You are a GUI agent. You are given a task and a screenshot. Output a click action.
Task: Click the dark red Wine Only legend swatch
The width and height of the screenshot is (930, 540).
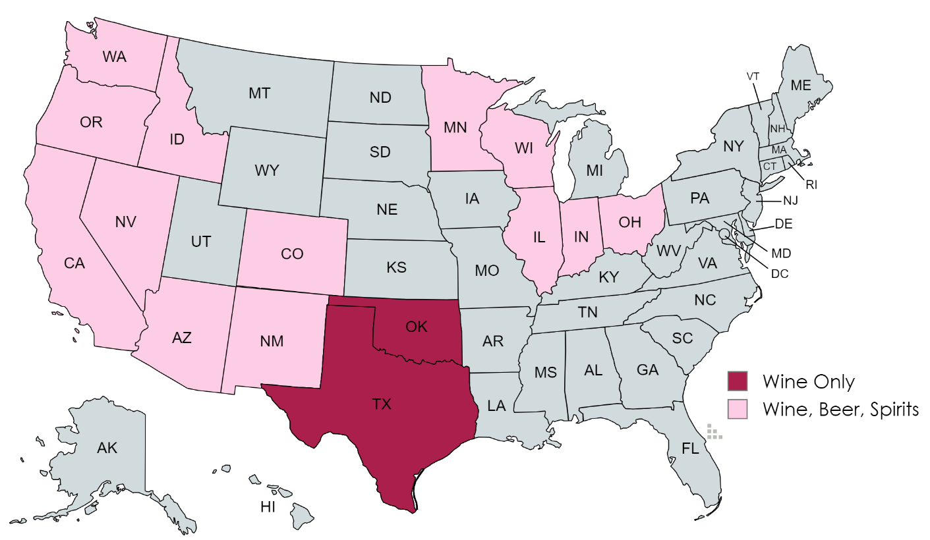coord(738,381)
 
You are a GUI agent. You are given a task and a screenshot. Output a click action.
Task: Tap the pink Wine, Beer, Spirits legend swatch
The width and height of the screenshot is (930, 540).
coord(738,409)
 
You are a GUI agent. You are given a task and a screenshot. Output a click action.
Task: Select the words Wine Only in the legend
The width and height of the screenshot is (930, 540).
coord(808,382)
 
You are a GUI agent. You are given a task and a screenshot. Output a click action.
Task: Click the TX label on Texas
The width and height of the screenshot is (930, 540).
coord(382,404)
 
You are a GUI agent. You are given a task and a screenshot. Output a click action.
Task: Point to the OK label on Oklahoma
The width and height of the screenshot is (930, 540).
coord(417,327)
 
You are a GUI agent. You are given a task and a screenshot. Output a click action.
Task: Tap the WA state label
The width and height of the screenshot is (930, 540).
coord(115,56)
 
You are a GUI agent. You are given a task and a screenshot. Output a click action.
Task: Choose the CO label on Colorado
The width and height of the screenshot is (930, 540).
coord(292,253)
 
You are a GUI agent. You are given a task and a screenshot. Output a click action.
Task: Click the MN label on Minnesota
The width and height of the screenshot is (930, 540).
coord(455,127)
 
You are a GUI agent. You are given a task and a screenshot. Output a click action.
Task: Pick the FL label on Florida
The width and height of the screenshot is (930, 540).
coord(690,450)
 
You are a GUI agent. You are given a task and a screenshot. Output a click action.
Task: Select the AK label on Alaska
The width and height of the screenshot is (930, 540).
coord(107,448)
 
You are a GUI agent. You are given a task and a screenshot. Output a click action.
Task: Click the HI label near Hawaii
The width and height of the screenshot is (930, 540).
coord(268,506)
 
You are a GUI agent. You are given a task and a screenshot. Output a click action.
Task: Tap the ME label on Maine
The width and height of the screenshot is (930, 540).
coord(801,85)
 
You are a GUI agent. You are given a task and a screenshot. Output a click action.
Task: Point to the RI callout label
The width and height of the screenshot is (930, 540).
coord(811,185)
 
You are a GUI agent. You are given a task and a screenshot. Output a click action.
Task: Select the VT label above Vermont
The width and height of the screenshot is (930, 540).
coord(753,76)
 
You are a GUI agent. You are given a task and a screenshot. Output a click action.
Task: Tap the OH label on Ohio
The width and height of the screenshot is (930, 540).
coord(630,222)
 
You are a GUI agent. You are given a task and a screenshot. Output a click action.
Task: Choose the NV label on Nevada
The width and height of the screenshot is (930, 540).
coord(125,221)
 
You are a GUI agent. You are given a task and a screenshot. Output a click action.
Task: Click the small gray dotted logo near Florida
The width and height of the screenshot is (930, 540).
coord(714,432)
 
